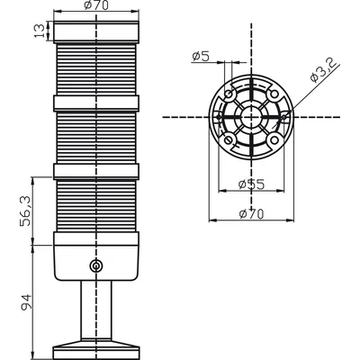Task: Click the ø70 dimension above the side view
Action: click(x=96, y=5)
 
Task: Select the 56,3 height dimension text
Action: click(x=25, y=211)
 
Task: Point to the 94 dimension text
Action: click(x=25, y=302)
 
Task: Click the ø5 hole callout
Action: click(x=201, y=57)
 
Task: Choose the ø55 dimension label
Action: click(x=251, y=184)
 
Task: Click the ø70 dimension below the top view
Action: click(x=251, y=214)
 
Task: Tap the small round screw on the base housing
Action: click(x=96, y=265)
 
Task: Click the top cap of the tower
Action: click(x=96, y=31)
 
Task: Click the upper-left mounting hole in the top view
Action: click(x=229, y=94)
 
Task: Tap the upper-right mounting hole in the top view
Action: click(x=274, y=94)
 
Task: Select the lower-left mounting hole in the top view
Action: click(x=229, y=139)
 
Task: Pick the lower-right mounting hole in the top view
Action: click(x=274, y=139)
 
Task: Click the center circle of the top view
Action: click(x=251, y=117)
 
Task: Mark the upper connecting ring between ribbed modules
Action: click(x=96, y=103)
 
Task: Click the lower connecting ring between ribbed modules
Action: click(x=96, y=171)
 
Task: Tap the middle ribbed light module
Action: click(x=96, y=138)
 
